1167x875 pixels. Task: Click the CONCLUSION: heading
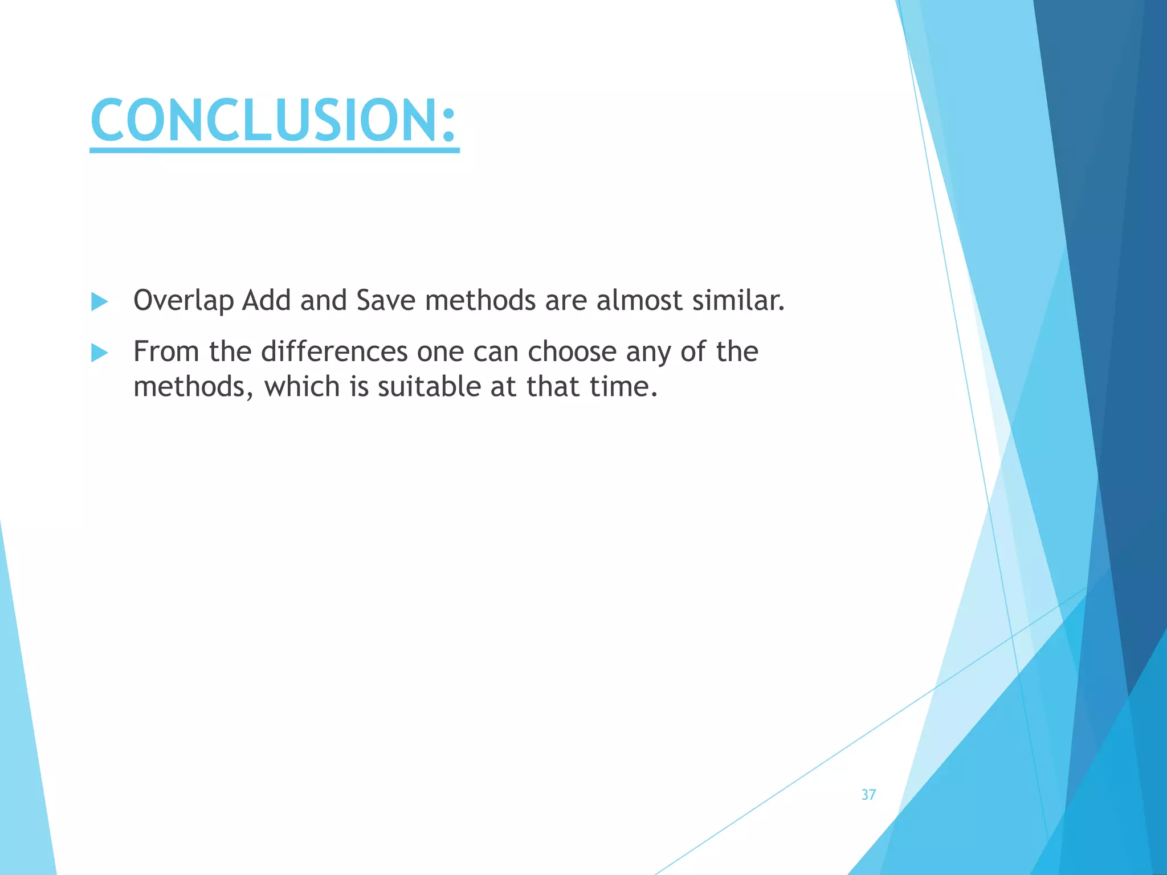tap(274, 121)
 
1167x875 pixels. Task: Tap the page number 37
tap(868, 795)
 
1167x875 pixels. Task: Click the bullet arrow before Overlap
tap(99, 301)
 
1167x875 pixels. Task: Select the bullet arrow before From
tap(99, 353)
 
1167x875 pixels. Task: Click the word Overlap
tap(183, 301)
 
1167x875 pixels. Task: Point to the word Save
tap(385, 300)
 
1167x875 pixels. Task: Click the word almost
tap(639, 300)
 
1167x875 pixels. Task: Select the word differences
tap(334, 351)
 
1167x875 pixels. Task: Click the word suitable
tap(429, 387)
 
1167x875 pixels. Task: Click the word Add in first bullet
tap(266, 300)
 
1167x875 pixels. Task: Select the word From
tap(166, 351)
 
